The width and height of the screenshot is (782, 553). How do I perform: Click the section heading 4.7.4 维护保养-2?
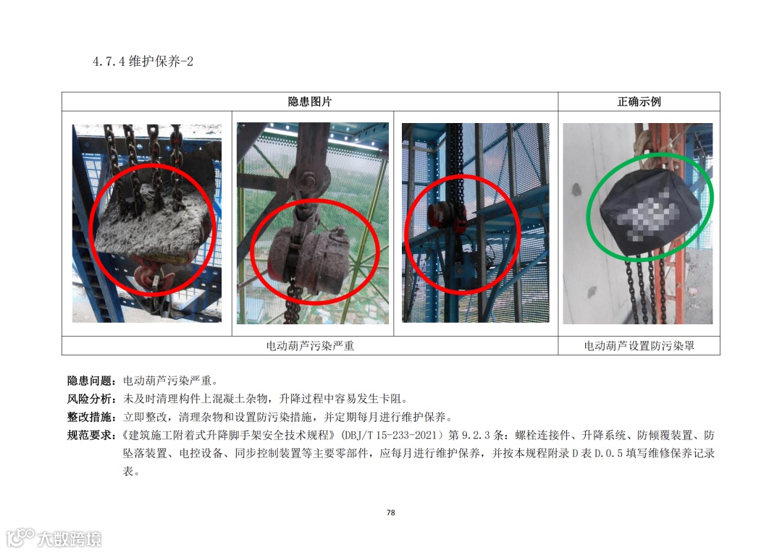pos(143,62)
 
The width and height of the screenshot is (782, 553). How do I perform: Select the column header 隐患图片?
pos(310,102)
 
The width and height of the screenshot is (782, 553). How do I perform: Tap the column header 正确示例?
pos(639,102)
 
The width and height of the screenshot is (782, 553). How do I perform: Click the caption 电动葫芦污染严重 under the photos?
pos(310,345)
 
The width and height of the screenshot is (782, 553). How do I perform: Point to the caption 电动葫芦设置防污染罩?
pos(639,345)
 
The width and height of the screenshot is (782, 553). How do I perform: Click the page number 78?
pos(390,512)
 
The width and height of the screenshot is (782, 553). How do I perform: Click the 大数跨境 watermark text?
pos(70,539)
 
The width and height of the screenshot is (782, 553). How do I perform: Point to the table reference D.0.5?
pos(608,453)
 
